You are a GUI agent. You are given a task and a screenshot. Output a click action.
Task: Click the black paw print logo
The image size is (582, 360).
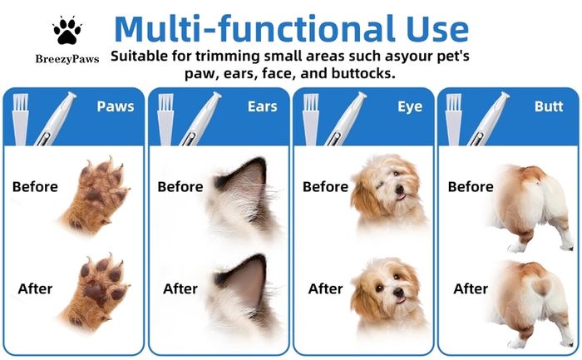(67, 31)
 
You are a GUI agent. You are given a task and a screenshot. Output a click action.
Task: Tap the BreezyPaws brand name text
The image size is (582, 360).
(67, 59)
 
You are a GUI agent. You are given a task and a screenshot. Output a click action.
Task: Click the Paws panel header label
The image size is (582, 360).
(116, 106)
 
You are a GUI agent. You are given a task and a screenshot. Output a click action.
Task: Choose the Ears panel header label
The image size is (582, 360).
(263, 106)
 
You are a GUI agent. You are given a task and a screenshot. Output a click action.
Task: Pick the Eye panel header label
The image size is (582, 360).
(410, 107)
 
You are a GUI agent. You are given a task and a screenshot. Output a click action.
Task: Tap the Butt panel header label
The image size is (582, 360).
(549, 106)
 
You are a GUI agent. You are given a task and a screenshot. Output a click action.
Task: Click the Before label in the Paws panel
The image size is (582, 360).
(35, 186)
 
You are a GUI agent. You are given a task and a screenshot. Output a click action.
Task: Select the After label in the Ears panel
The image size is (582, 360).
(180, 288)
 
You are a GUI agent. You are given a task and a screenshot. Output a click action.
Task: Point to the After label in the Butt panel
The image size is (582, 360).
(471, 288)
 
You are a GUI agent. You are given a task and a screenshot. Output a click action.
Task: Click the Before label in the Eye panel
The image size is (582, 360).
(326, 186)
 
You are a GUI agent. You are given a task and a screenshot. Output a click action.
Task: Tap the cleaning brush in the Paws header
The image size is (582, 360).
(21, 119)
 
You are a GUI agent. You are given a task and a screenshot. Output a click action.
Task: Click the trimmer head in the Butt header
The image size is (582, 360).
(503, 97)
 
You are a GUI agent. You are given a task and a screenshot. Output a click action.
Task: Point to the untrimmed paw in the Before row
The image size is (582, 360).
(95, 196)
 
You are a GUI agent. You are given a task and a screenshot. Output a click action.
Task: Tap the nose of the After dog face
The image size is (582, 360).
(398, 292)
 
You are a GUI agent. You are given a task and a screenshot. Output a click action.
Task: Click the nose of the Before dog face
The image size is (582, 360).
(399, 189)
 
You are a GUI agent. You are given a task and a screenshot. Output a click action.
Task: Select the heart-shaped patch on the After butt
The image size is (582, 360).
(540, 287)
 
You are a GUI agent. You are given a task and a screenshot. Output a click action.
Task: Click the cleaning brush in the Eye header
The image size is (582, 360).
(311, 119)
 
